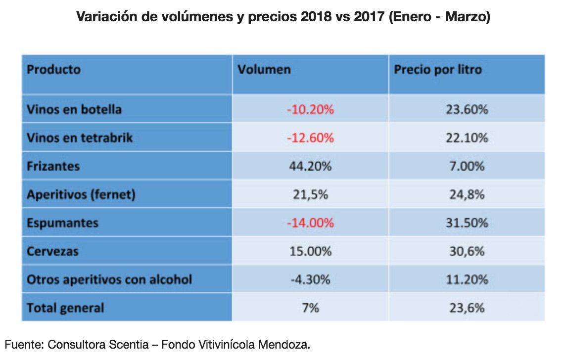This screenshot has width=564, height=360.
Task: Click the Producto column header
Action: click(x=53, y=69)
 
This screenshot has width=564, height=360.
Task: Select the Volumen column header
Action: click(x=264, y=69)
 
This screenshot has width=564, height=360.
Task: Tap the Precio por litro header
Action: click(x=437, y=69)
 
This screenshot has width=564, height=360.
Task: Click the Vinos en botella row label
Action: click(x=74, y=109)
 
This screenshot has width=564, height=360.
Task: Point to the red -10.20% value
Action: click(x=310, y=109)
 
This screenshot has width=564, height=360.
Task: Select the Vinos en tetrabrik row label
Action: click(x=80, y=137)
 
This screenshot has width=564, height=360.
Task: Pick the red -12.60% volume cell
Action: click(x=310, y=137)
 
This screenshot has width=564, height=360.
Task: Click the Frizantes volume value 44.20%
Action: click(x=310, y=166)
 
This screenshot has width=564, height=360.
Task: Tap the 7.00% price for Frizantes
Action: click(x=467, y=166)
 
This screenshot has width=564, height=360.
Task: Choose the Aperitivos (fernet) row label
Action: click(x=81, y=194)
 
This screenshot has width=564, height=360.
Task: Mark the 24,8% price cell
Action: click(x=467, y=194)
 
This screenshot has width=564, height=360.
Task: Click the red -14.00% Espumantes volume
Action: click(x=310, y=223)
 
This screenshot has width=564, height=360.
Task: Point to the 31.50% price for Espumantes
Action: click(x=467, y=223)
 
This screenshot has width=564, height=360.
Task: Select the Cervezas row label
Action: click(x=52, y=251)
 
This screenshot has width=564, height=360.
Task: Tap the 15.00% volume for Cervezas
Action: click(x=310, y=251)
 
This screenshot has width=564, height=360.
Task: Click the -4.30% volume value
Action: click(x=310, y=279)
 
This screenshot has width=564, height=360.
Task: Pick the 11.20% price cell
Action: click(x=467, y=279)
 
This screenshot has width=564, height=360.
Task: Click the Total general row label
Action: click(x=65, y=308)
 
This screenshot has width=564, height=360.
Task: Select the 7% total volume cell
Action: click(x=310, y=308)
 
